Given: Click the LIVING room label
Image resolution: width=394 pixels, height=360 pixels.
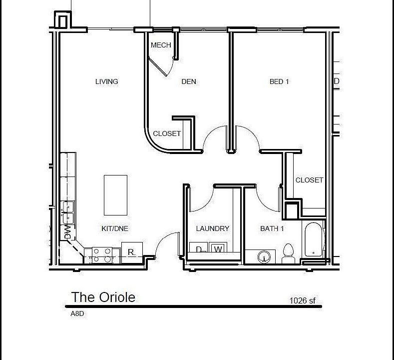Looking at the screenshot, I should pos(106,81).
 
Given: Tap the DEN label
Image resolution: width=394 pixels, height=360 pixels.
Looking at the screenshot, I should pos(188,81).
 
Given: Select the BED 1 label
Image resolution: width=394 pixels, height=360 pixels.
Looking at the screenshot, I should pos(279,81).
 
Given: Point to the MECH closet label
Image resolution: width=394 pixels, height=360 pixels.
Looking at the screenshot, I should pos(161,45).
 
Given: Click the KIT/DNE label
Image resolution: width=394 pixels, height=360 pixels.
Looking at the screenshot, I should pos(115,228).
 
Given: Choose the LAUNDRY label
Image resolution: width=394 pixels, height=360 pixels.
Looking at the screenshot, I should pos(212,228).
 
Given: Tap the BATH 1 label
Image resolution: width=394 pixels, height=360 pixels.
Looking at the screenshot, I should pos(272,228).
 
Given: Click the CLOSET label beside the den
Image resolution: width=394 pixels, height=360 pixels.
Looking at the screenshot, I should pos(167,133).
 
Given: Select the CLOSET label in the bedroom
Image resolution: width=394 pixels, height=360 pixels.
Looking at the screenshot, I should pos(309,180).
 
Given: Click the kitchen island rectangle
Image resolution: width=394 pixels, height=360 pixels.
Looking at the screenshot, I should pos(115,194).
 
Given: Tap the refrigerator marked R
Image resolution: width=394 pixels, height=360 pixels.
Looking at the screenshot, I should pos(132,252).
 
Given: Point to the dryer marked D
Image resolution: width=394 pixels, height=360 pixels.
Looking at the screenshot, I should pos(198,249).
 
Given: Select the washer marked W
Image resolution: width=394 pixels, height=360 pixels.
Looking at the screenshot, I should pos(217,249).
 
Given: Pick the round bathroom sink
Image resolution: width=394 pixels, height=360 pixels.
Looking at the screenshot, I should pos(265,257).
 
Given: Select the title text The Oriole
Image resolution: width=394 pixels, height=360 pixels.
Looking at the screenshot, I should pos(103,297).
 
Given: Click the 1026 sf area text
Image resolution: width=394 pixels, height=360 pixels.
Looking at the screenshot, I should pos(303,300).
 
